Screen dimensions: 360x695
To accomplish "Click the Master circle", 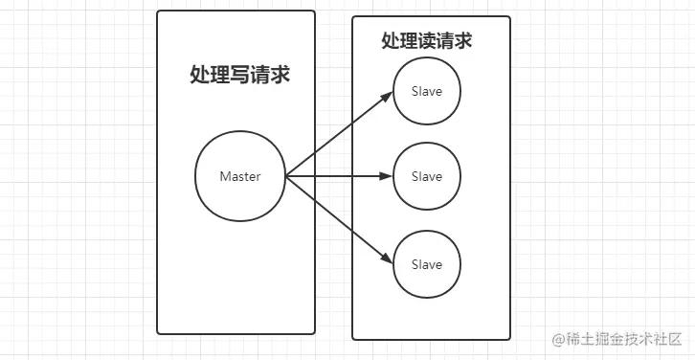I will (239, 177).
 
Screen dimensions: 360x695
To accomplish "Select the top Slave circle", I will (427, 92).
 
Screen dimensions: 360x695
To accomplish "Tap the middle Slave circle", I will (427, 177).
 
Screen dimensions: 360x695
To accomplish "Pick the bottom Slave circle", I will (427, 263).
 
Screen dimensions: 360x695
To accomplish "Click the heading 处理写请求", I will (239, 76).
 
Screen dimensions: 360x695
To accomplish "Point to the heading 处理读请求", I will (427, 41).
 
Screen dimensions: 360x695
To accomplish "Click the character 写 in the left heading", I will (239, 76).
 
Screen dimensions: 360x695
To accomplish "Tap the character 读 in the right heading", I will (427, 41).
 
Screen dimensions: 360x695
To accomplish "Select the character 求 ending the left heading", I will (280, 76).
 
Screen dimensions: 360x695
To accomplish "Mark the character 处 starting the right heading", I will (390, 41).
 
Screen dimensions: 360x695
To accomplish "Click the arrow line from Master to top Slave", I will (340, 135).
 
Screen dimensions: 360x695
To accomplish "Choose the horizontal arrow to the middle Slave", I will (340, 177).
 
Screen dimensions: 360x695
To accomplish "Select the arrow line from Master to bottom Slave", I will (340, 220).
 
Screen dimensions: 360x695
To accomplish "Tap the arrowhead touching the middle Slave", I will (389, 177).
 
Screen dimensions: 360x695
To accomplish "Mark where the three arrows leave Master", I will (286, 177).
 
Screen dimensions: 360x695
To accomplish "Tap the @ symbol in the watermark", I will (553, 340).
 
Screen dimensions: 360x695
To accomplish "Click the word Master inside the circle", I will (239, 177).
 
